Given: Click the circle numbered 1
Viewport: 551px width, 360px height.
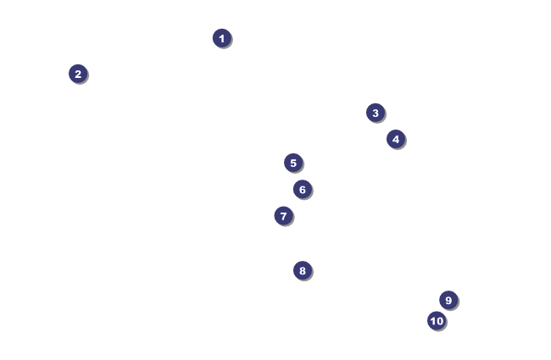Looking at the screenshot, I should point(221,38).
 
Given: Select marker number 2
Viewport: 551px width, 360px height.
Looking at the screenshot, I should point(78,74).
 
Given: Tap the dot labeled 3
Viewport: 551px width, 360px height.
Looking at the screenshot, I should point(376,113).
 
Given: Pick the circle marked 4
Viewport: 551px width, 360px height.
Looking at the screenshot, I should point(396,139).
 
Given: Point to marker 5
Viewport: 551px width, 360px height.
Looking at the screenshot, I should point(293,163).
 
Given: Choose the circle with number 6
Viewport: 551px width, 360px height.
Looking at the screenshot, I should point(303,189).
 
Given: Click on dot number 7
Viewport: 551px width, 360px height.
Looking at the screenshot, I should point(284,216).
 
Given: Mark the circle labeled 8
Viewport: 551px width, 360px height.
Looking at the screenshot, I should point(303,271).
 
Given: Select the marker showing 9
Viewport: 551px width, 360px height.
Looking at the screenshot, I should point(448,300).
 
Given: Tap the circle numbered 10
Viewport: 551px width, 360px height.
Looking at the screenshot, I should point(437,320).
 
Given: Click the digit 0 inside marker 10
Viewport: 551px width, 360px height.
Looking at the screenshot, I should point(440,320).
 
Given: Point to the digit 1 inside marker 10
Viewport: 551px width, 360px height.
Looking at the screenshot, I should point(432,320).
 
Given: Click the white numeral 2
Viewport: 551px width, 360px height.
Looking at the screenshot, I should point(78,74).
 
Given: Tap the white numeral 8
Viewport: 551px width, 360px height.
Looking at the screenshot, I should point(303,271).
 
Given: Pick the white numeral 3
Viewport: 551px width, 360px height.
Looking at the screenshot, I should point(376,113).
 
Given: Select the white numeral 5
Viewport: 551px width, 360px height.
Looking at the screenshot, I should point(293,163).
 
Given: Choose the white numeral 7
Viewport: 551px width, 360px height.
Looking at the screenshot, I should point(284,216).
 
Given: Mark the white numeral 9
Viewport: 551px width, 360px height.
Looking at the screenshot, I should point(448,300).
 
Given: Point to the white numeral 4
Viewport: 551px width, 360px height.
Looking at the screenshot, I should point(396,139).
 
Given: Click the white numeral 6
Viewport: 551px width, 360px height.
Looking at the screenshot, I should point(303,189).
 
